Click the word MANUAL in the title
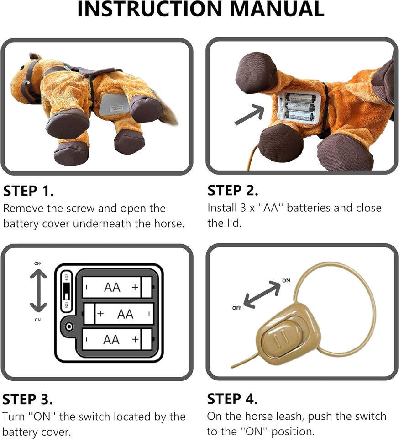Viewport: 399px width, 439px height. click(277, 9)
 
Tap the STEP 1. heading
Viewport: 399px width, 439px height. click(28, 191)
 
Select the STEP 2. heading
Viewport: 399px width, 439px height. click(233, 191)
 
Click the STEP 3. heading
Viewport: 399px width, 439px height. click(28, 399)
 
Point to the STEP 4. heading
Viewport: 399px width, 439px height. click(232, 399)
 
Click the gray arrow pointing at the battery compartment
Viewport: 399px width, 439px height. click(249, 114)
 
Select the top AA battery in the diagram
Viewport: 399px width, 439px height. click(117, 287)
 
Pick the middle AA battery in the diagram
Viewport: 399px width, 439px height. click(119, 314)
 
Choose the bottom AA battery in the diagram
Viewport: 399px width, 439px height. click(117, 340)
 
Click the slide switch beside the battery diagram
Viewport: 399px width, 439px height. click(67, 291)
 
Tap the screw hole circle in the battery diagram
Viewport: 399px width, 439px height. click(69, 327)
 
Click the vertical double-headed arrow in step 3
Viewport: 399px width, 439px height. click(38, 291)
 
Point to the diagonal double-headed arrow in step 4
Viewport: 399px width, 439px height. click(262, 294)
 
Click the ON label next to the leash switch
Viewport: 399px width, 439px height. click(286, 280)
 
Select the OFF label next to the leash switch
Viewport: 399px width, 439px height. click(236, 308)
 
